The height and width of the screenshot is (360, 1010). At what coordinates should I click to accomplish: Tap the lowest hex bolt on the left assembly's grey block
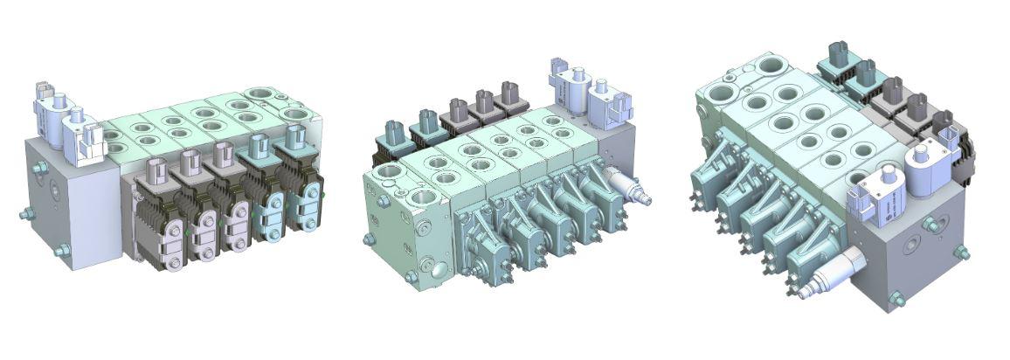(62, 251)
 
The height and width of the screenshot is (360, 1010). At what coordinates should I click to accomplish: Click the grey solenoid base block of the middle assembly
(616, 149)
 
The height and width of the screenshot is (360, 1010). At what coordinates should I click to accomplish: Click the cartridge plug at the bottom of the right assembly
(824, 278)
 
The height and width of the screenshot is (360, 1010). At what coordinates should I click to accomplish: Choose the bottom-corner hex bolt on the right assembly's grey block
(896, 299)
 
